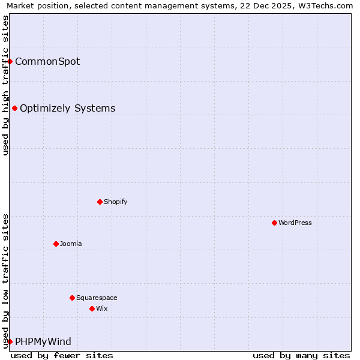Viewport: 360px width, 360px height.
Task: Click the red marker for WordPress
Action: click(x=274, y=223)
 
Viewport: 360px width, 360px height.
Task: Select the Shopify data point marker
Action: click(x=100, y=202)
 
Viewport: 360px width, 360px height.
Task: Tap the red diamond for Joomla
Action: click(x=56, y=244)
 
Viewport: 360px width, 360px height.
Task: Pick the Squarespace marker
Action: click(x=72, y=298)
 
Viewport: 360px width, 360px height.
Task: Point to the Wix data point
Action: click(x=92, y=308)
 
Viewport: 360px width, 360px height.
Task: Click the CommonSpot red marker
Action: click(x=10, y=61)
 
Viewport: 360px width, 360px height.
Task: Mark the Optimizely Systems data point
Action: click(x=14, y=108)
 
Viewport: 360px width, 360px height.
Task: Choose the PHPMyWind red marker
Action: click(x=10, y=341)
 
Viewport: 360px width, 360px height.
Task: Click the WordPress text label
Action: click(x=295, y=223)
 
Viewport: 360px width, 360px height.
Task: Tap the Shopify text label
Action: click(x=116, y=202)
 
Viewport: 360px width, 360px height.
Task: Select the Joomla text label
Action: click(x=71, y=244)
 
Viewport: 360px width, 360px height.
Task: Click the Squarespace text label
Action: click(x=97, y=298)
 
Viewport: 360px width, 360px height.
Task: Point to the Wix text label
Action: click(x=102, y=308)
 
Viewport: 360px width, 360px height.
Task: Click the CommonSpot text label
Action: click(x=47, y=61)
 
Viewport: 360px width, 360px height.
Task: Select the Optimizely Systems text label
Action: click(x=68, y=108)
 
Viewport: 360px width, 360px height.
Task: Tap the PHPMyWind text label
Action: click(x=43, y=341)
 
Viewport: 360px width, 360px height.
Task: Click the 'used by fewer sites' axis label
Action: click(x=62, y=355)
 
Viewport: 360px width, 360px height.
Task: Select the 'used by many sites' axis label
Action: click(x=301, y=355)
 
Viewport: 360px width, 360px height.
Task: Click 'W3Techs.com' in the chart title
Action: click(x=325, y=6)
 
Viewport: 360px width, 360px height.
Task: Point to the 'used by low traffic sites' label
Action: click(x=5, y=281)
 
